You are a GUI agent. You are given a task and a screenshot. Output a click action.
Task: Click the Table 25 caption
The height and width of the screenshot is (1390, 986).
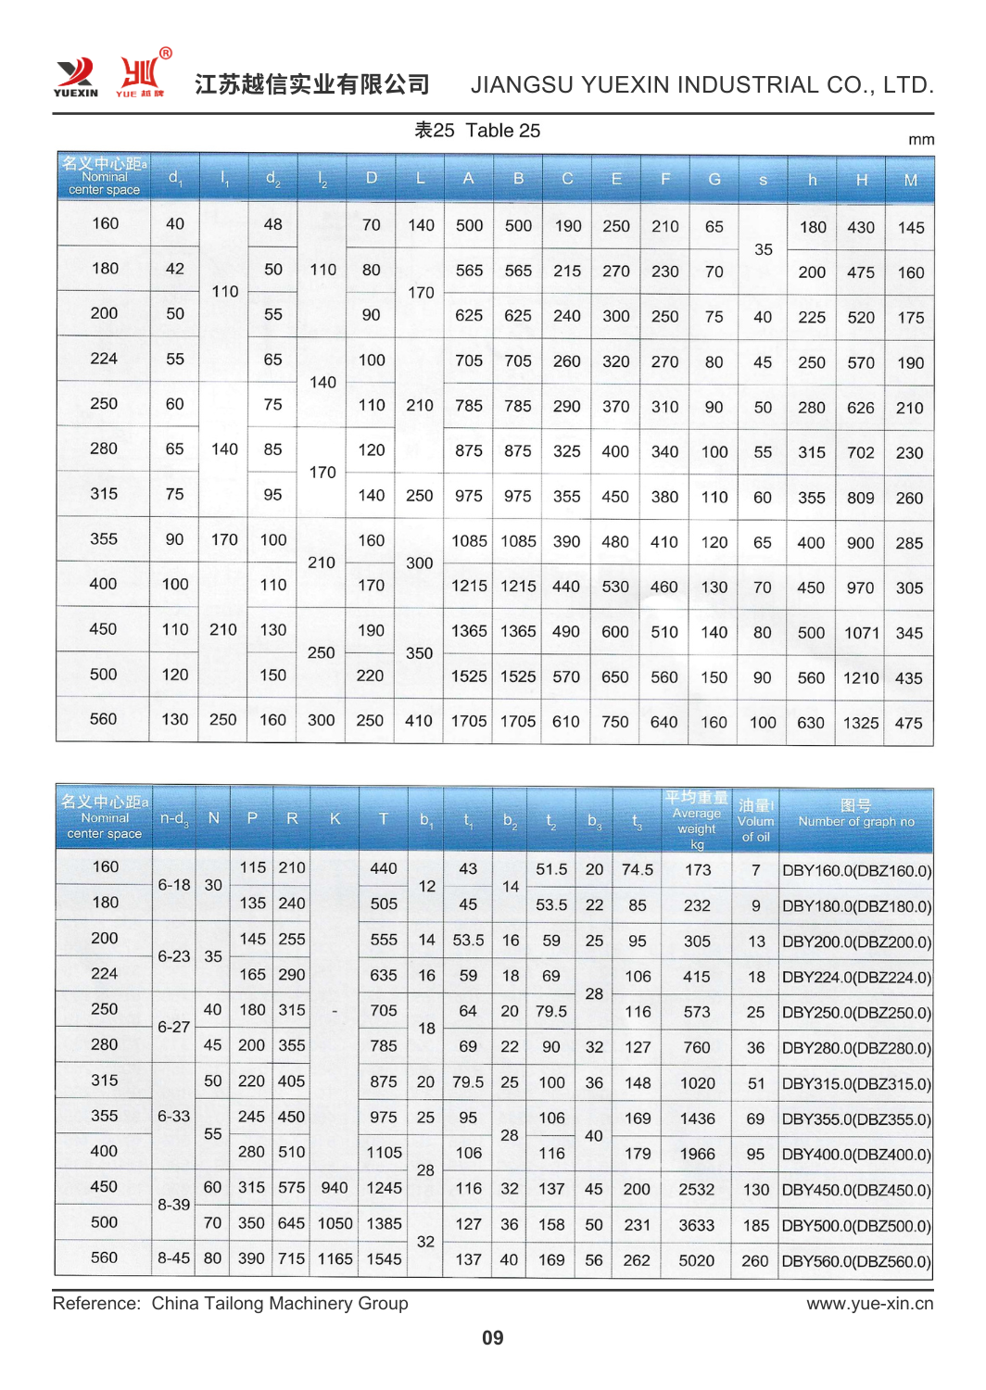click(477, 131)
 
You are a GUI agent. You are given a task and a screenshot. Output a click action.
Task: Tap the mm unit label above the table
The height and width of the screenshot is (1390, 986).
click(920, 140)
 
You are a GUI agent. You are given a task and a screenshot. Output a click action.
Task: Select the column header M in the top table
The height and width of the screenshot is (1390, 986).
click(910, 180)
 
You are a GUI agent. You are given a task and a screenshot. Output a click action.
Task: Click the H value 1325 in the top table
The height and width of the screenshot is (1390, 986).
click(860, 723)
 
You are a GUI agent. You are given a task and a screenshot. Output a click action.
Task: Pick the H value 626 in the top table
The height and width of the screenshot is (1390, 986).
click(860, 408)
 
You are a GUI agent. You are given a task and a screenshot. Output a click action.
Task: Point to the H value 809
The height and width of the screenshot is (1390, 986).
click(860, 498)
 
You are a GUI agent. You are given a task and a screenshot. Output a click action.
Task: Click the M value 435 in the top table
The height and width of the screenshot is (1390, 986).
click(908, 678)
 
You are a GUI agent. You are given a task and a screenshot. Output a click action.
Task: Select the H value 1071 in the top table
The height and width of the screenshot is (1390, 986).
click(861, 633)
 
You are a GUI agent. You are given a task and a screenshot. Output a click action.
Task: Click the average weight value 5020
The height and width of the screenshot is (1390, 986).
click(696, 1260)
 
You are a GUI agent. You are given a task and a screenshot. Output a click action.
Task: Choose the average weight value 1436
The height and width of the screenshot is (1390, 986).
click(697, 1118)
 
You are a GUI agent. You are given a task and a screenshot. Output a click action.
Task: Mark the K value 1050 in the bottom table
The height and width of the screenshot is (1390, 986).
click(335, 1223)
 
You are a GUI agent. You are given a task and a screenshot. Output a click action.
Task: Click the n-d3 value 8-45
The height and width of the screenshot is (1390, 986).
click(173, 1258)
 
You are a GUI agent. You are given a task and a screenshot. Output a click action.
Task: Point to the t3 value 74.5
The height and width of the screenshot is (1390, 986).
click(637, 869)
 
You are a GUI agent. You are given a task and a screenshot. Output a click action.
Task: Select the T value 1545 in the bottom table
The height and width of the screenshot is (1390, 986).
click(384, 1259)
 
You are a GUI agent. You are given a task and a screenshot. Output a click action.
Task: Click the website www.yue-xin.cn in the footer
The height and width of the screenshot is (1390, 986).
click(869, 1304)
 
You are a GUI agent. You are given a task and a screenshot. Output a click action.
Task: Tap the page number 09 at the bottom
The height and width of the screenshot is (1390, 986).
click(492, 1337)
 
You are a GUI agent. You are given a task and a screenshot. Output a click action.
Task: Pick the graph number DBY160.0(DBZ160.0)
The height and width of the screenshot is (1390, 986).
click(856, 871)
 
